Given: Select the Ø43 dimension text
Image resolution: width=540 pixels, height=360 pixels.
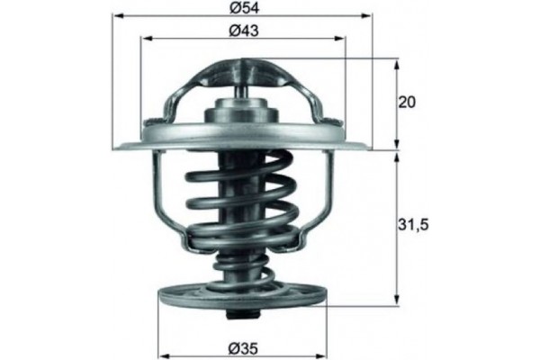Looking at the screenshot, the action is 244,31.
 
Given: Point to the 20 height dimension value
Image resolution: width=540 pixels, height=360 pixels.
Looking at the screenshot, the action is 407,103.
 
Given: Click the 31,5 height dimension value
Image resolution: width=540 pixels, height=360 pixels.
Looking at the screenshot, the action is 413,226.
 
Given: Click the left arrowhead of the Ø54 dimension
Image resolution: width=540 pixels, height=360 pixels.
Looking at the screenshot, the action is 119,16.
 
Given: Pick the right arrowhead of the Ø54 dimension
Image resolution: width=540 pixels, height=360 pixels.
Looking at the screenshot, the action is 367,16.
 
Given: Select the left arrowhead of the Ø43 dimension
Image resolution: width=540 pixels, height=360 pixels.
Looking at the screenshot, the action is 146,38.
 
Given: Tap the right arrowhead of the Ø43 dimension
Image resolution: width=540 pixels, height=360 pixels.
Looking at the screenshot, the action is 339,38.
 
